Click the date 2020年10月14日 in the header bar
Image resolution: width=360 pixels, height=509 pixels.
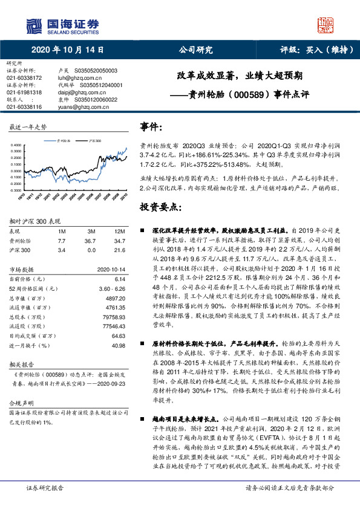pos(68,50)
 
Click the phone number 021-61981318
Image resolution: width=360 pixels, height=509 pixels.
pos(24,92)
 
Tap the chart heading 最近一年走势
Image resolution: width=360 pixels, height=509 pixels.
pos(28,128)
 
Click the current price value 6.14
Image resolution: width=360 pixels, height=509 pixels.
pos(119,279)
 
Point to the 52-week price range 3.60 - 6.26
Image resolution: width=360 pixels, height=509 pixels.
pos(111,289)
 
